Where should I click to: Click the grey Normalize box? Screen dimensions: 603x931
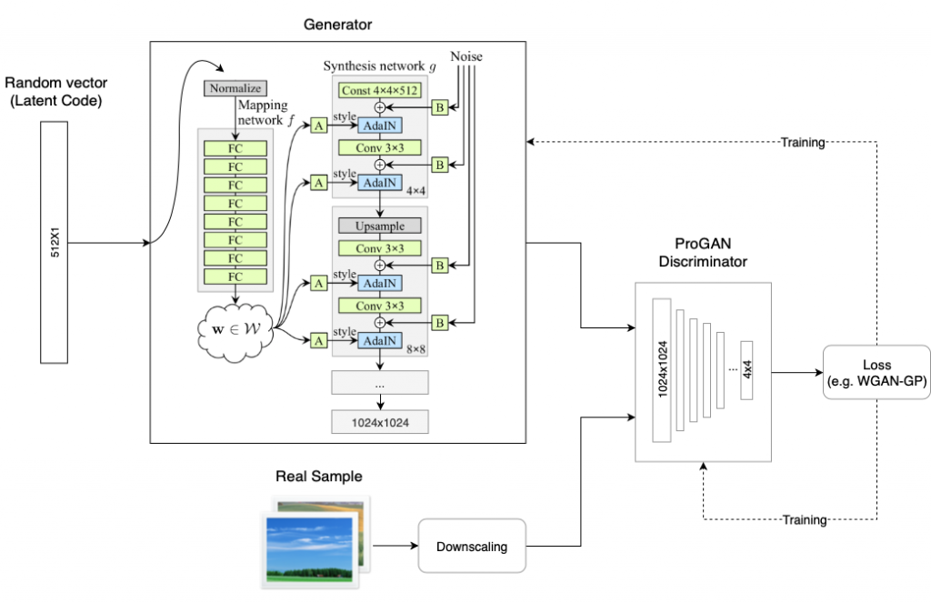235,89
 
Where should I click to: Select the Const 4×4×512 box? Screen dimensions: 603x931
381,90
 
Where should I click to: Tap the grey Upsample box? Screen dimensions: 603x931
381,225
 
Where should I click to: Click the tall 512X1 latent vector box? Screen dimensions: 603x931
55,244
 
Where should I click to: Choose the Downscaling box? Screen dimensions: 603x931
472,546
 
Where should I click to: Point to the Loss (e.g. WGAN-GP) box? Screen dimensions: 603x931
876,375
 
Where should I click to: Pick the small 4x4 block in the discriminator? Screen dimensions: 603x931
747,371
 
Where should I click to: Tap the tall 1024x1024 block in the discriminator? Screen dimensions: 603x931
661,369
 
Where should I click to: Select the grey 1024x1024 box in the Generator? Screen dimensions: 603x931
381,421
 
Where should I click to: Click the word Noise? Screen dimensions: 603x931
465,57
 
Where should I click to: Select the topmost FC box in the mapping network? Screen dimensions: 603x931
235,147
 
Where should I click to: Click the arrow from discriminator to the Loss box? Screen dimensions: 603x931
797,372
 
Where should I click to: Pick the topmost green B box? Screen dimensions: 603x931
439,107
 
